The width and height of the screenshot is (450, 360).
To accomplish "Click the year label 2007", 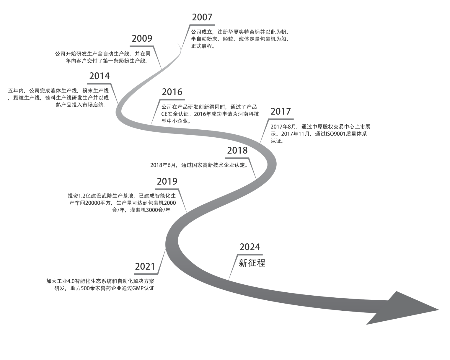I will point(202,17).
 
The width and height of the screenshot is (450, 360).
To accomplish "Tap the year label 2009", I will point(142,39).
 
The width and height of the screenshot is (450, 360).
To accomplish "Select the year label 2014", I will point(99,76).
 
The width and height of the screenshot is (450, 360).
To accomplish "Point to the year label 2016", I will point(172,92).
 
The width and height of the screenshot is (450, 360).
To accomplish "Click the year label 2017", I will point(281,112).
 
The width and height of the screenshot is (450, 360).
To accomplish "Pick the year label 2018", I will point(237,151).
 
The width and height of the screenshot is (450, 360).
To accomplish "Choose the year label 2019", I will point(167,181).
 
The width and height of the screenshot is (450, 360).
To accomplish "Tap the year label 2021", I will point(145,267).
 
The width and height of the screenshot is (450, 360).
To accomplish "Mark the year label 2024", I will point(250,247).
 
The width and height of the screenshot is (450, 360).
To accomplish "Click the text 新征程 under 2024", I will point(252,263).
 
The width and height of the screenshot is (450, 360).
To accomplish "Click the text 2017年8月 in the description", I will point(283,127).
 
